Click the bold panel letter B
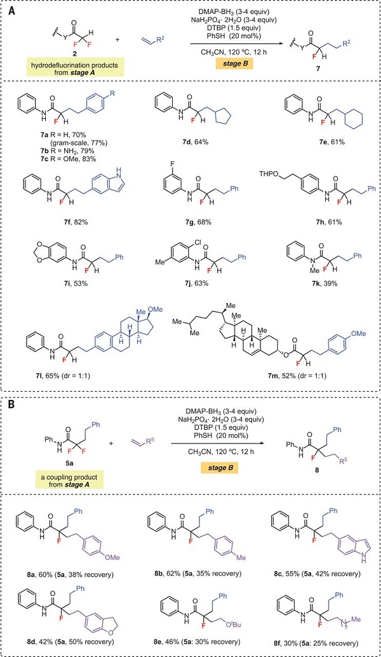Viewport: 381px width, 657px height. point(13,406)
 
